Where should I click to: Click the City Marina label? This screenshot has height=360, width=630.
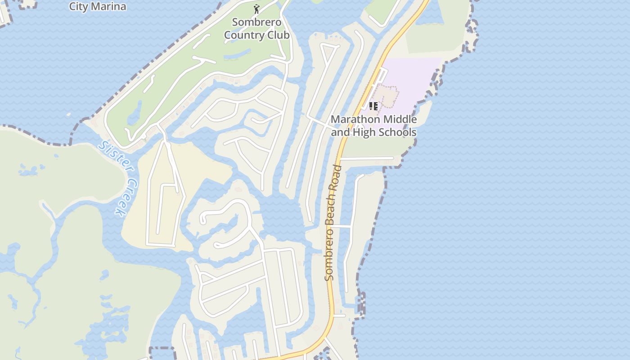coord(97,6)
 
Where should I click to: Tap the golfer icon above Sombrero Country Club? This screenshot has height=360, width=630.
coord(256,9)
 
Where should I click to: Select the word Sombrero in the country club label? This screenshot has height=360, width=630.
coord(256,22)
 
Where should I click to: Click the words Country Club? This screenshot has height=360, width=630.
coord(256,35)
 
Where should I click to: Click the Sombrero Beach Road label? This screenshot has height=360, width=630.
coord(333,223)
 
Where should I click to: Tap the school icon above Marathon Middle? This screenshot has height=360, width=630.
coord(373,106)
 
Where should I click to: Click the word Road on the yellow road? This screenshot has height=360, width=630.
coord(337,179)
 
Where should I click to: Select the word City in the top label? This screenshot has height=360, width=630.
coord(78,6)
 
